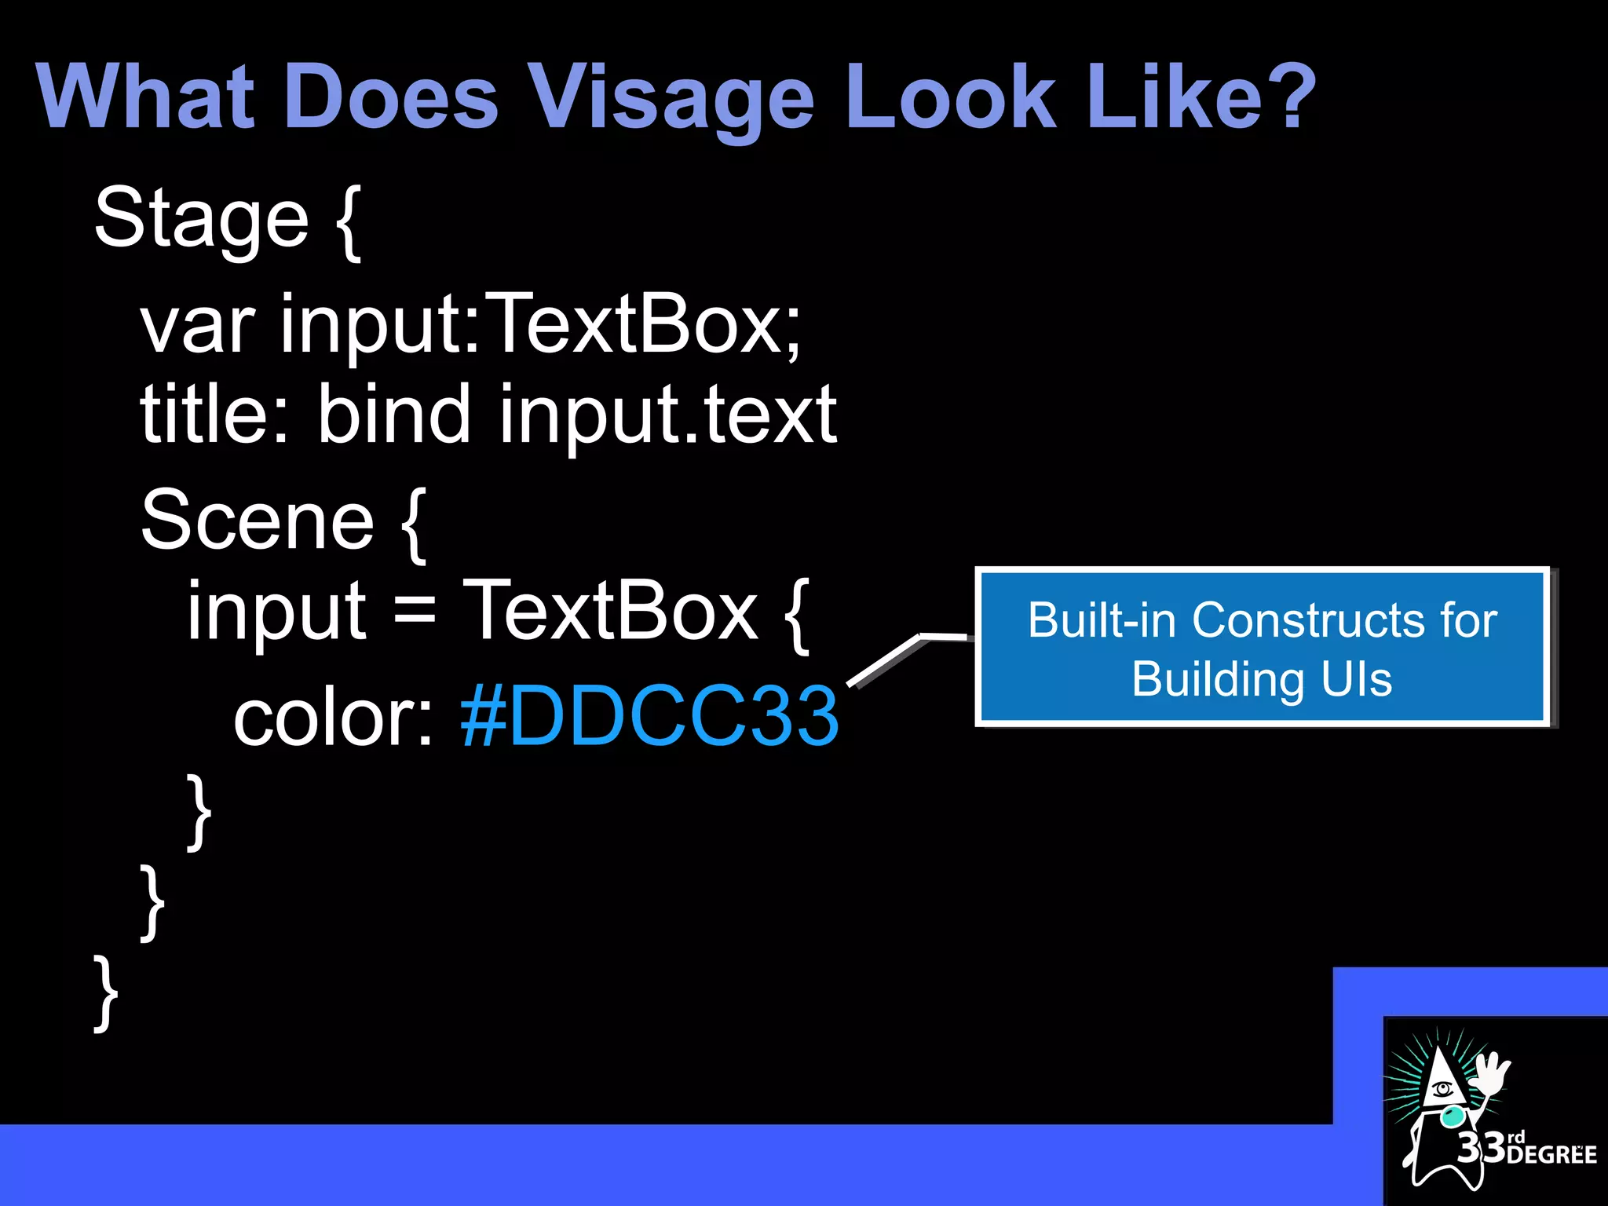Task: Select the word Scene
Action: click(x=258, y=521)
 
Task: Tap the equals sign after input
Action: click(x=414, y=611)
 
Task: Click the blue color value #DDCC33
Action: click(x=649, y=715)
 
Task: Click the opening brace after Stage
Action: click(x=349, y=221)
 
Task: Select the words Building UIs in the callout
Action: click(x=1262, y=679)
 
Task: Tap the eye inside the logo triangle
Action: click(x=1442, y=1089)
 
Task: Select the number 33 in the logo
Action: click(x=1481, y=1148)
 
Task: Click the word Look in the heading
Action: click(x=952, y=98)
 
